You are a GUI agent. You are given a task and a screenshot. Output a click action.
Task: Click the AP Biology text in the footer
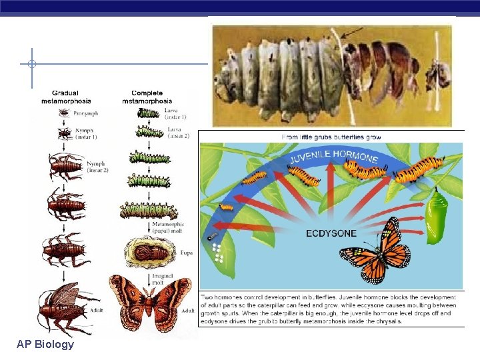click(x=46, y=345)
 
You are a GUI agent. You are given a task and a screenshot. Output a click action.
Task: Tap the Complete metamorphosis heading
click(x=147, y=97)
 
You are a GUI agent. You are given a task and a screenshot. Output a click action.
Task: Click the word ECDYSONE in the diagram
click(x=331, y=233)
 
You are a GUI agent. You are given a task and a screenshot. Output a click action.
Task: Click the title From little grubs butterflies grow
click(x=331, y=137)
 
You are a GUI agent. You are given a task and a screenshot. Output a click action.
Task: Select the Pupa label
click(x=187, y=253)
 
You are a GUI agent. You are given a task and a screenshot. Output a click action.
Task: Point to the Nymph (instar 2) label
click(x=95, y=167)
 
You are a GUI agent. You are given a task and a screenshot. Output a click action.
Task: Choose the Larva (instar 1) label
click(x=175, y=113)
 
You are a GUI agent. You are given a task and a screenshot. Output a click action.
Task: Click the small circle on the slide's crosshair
click(x=32, y=64)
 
